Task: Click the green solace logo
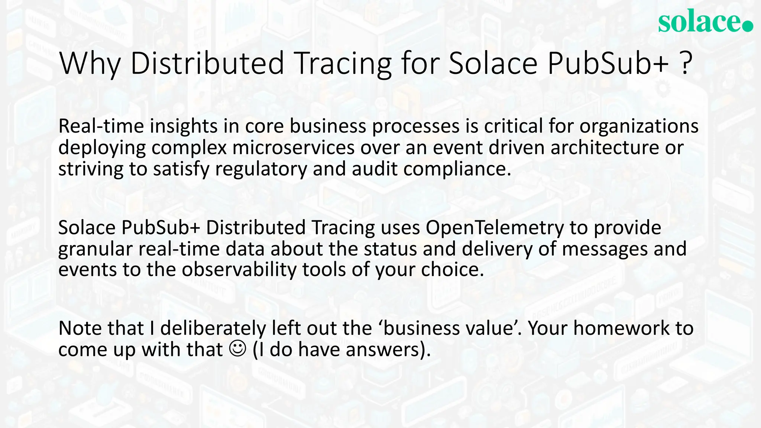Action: coord(705,21)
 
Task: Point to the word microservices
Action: coord(294,147)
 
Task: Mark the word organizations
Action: coord(639,126)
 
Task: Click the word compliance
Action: coord(457,169)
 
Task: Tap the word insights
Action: coord(184,126)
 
